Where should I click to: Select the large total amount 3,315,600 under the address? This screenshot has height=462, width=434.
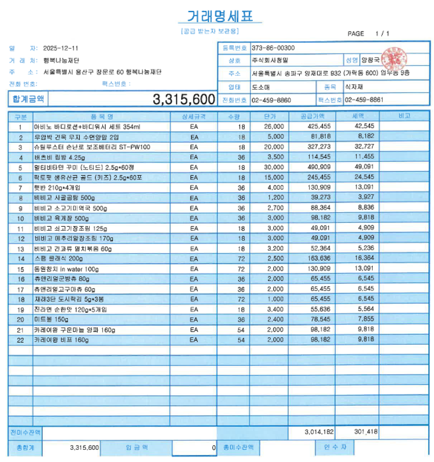(183, 99)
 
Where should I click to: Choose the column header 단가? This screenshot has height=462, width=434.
(269, 117)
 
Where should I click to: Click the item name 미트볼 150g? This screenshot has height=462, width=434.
(52, 319)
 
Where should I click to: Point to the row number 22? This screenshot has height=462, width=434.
(20, 339)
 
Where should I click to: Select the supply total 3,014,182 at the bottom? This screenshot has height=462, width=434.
(319, 431)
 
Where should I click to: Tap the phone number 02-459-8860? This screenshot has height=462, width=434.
(271, 99)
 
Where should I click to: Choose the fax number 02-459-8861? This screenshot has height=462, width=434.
(363, 99)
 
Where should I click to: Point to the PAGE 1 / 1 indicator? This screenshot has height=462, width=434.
(369, 34)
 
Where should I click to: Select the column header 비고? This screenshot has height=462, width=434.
(404, 117)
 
